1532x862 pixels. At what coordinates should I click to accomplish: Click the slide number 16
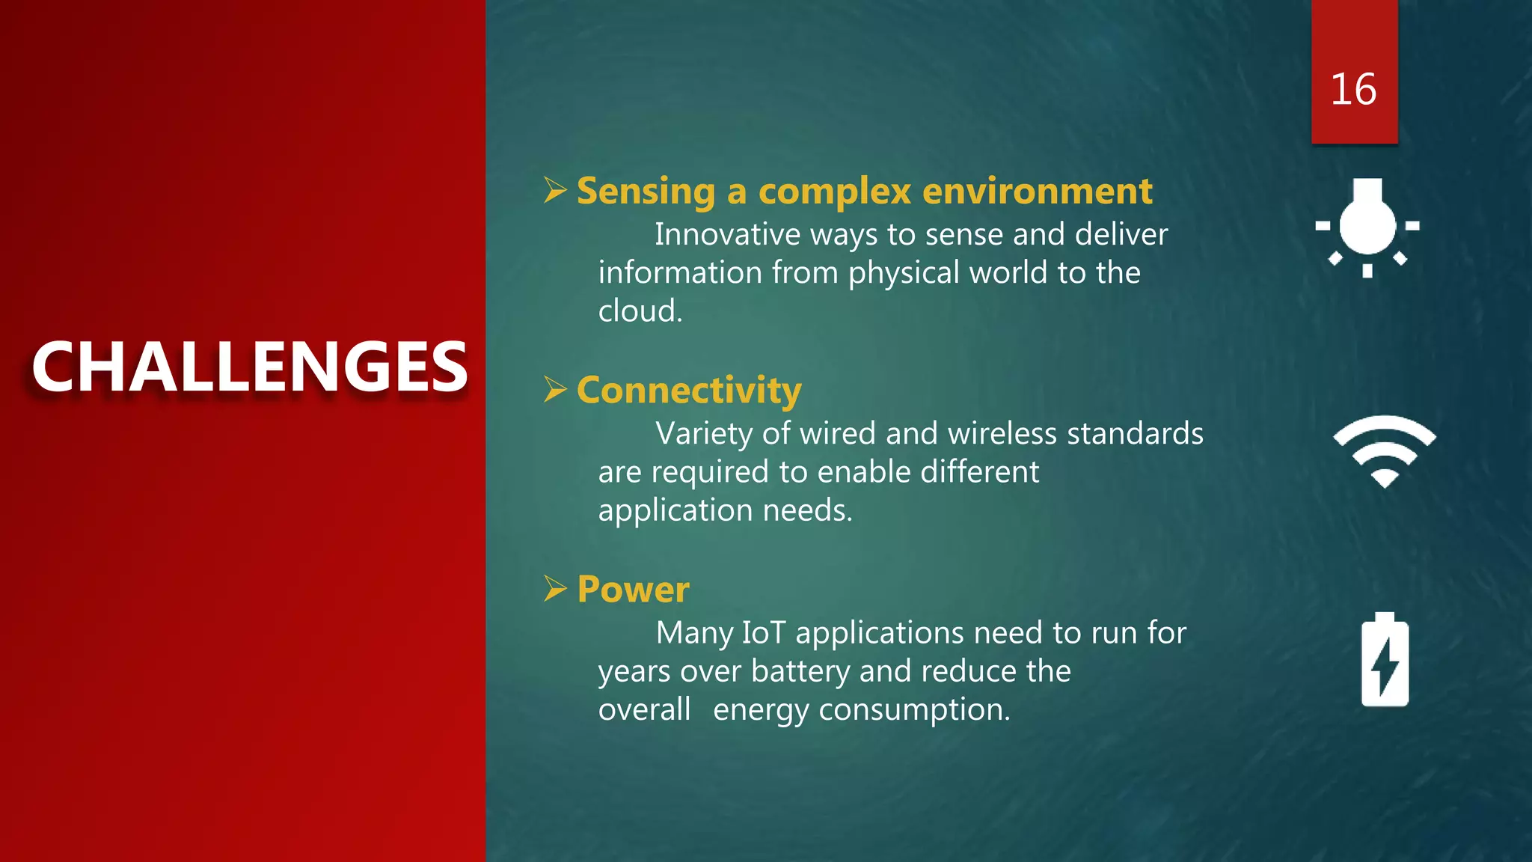[1353, 90]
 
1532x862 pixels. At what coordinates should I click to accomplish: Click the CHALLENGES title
[250, 367]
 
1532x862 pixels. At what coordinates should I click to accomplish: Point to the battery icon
[1385, 660]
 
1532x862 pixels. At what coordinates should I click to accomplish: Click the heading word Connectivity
[689, 391]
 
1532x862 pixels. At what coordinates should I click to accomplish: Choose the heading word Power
[633, 590]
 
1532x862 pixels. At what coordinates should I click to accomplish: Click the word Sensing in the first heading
[646, 192]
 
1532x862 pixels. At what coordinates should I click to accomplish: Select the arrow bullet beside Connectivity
[555, 389]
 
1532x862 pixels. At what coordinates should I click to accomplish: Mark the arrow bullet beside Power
[555, 589]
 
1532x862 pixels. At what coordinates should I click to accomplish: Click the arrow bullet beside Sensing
[555, 190]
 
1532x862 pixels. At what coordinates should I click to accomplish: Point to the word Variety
[703, 434]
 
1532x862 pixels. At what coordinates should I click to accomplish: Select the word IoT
[763, 633]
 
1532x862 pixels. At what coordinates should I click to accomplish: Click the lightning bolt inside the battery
[1385, 666]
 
